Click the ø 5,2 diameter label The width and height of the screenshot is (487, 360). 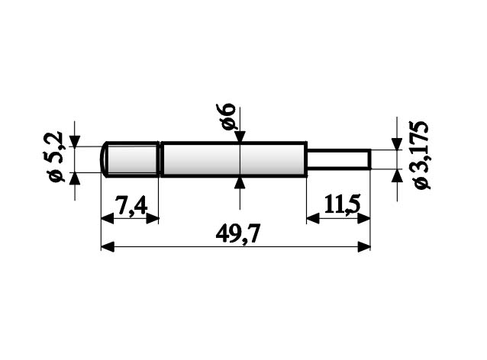pos(56,156)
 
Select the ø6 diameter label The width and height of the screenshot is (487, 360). pos(227,116)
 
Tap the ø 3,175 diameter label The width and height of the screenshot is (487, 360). pos(422,156)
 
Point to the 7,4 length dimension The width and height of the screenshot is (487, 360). pos(131,205)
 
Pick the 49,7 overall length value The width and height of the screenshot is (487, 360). pos(237,233)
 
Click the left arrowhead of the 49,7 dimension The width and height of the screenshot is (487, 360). pos(108,247)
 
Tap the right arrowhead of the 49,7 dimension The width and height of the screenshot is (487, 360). pos(364,247)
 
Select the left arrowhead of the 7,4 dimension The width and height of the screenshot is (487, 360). pos(108,219)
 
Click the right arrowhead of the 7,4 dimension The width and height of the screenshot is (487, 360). pos(153,219)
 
